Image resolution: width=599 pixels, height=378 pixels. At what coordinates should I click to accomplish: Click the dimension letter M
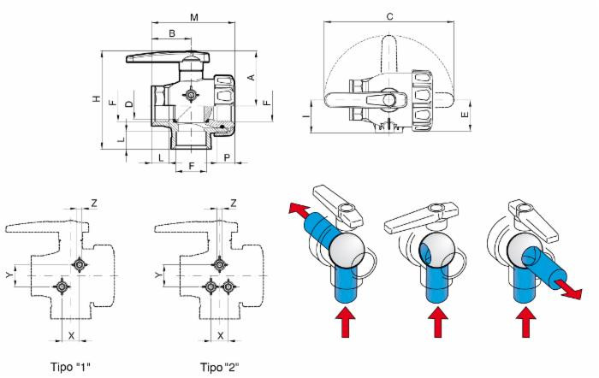click(x=193, y=17)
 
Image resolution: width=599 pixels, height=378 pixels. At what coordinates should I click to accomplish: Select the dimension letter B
click(x=171, y=33)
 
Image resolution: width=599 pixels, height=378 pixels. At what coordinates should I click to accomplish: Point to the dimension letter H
click(x=97, y=99)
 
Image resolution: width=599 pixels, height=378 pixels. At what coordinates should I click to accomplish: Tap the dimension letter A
click(x=251, y=76)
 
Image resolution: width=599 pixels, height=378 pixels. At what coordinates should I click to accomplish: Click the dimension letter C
click(x=389, y=16)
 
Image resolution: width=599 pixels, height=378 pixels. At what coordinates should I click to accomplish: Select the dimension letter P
click(x=226, y=158)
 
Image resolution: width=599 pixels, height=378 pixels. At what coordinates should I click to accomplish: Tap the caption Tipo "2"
click(x=219, y=367)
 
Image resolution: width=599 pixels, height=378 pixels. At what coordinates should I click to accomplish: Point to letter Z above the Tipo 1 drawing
click(x=94, y=203)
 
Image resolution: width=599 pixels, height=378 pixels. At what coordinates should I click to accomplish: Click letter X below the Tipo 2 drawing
click(x=220, y=336)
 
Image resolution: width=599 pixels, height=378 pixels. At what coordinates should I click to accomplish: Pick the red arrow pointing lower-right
click(x=567, y=290)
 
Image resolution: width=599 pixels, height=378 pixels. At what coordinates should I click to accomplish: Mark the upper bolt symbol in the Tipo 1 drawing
click(x=80, y=263)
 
